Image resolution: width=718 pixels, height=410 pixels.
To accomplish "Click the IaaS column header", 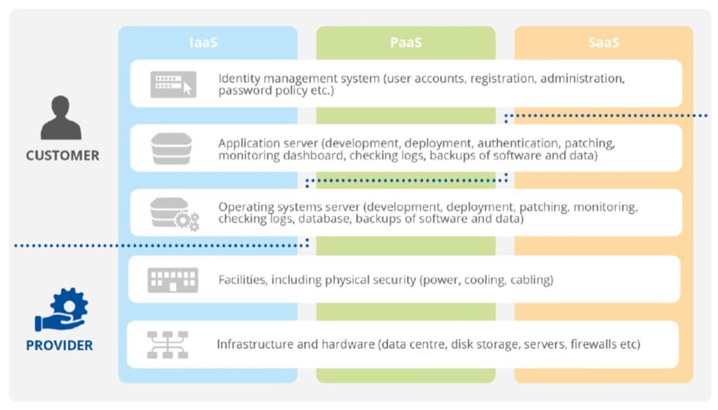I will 203,43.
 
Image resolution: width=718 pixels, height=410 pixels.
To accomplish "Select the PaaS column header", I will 406,43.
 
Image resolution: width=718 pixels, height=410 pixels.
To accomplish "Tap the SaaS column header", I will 604,43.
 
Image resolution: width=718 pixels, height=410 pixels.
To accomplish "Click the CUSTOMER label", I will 62,155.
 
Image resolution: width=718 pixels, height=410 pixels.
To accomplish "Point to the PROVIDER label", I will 59,345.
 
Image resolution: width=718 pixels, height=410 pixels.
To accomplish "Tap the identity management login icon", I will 173,84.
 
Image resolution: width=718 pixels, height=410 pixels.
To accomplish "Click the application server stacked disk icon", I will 171,149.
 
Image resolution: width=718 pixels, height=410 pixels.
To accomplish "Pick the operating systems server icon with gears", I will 174,214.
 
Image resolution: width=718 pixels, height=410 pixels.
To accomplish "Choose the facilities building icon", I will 172,279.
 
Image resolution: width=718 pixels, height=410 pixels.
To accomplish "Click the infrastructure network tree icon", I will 167,344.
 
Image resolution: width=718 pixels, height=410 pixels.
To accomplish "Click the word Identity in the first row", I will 236,78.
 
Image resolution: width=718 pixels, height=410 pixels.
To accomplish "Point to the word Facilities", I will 242,279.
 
